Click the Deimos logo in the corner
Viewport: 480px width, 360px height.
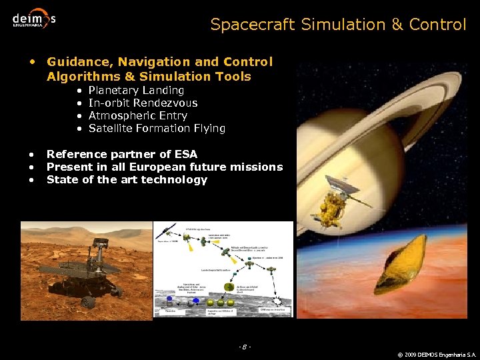(33, 18)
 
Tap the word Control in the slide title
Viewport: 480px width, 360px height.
(437, 25)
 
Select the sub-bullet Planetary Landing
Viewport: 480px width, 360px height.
(136, 90)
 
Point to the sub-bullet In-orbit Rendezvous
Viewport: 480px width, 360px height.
(143, 103)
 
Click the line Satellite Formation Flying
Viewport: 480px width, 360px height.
(157, 128)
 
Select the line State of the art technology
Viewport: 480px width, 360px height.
(127, 179)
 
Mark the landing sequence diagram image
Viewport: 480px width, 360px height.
(223, 269)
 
